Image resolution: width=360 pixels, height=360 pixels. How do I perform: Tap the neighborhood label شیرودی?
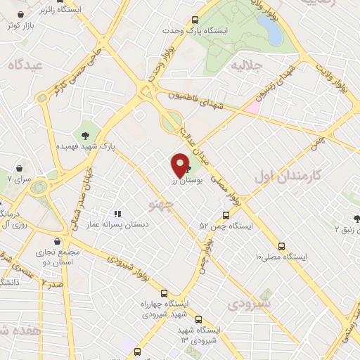point(253,304)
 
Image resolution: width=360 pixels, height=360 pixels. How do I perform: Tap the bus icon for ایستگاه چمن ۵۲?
point(226,215)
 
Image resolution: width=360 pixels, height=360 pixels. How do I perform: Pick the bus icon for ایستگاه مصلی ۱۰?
point(282,246)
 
